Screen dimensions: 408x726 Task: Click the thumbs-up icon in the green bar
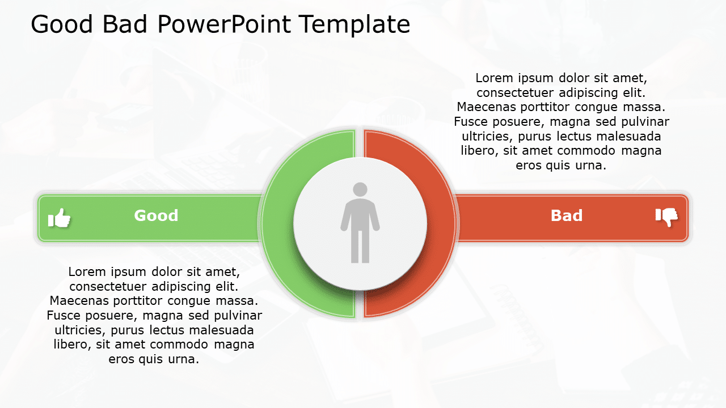tap(60, 218)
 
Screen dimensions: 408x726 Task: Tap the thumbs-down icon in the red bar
tap(666, 216)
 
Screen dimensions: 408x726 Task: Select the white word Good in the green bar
tap(156, 216)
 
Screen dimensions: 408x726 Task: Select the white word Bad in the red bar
tap(567, 216)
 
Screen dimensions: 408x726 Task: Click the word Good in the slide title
tap(63, 25)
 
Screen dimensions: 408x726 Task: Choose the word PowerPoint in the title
tap(225, 25)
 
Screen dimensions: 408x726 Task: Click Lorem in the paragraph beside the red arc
tap(493, 78)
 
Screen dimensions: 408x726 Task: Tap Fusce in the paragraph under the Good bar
tap(64, 315)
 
